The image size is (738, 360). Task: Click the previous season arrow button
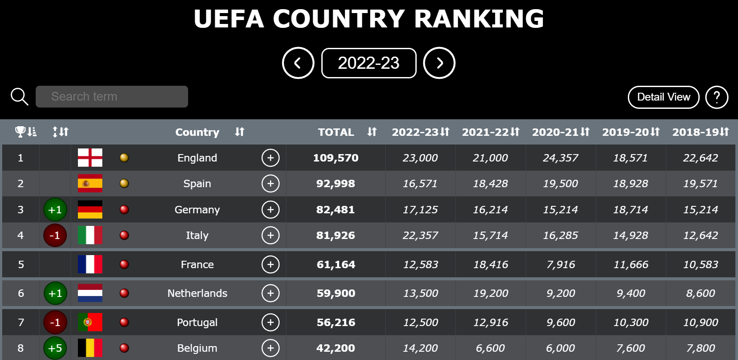298,63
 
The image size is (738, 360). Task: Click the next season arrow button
439,63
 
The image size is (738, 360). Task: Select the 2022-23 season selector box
369,63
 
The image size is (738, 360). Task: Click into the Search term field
112,97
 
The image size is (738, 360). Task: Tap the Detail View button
663,97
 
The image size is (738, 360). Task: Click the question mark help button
717,97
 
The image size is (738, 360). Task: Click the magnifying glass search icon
20,97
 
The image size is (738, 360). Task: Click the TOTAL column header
336,132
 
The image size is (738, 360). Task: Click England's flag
90,158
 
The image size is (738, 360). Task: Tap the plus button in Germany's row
270,209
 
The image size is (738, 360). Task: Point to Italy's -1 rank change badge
55,236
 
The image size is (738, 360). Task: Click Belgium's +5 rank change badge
55,348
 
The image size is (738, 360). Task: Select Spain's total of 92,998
336,184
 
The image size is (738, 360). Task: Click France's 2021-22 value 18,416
490,264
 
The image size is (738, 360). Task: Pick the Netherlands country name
197,293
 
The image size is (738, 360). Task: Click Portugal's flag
90,322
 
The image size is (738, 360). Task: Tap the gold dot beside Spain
124,183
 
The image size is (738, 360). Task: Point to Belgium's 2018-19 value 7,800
700,348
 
